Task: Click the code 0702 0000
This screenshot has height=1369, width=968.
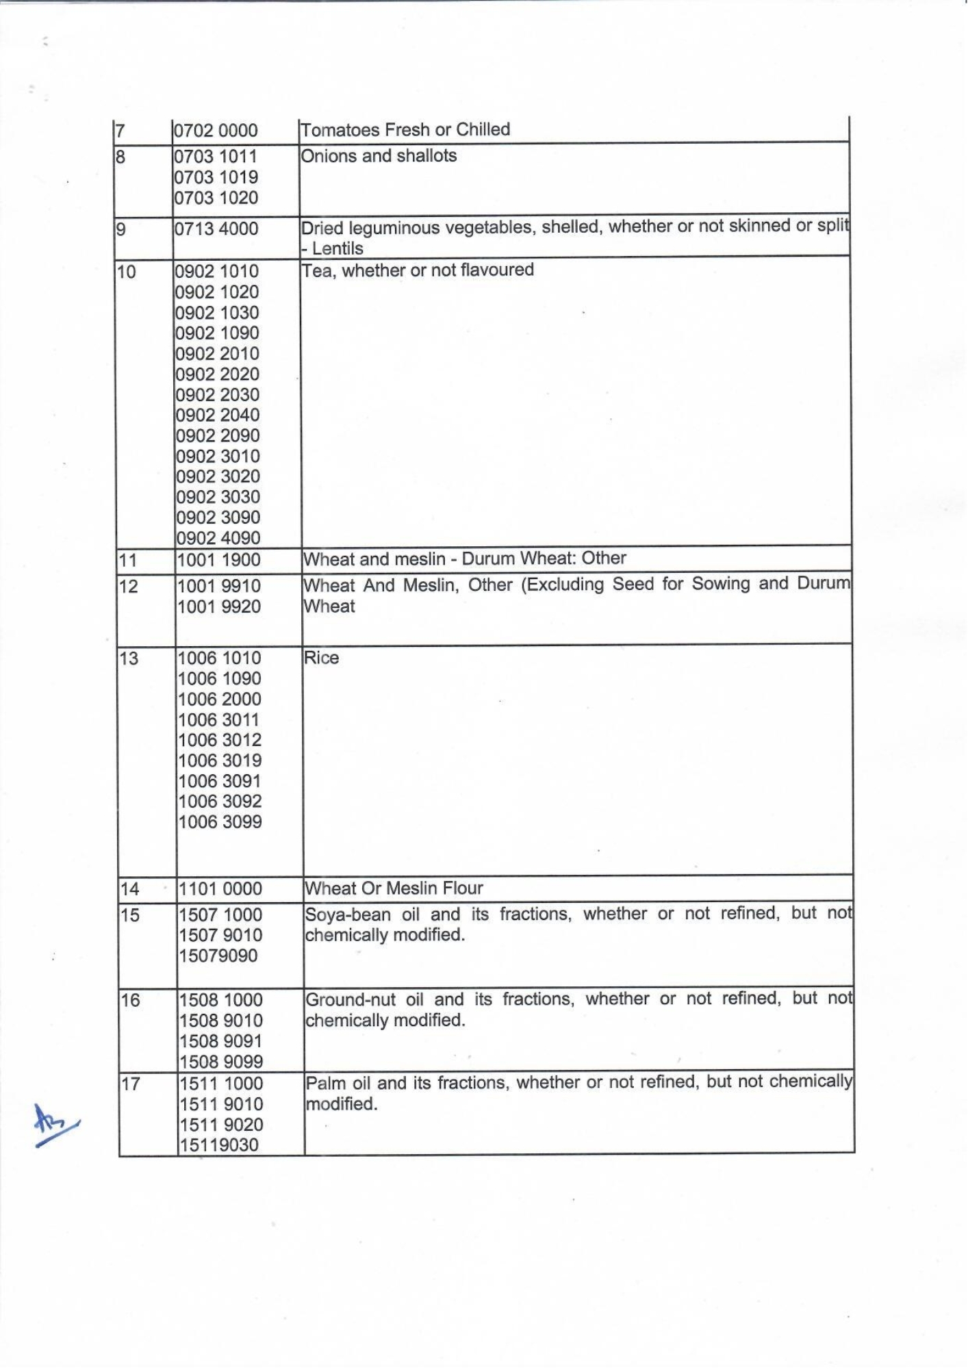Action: [216, 131]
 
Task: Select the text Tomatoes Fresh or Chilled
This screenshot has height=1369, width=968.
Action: [405, 129]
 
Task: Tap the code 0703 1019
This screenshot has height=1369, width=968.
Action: [216, 177]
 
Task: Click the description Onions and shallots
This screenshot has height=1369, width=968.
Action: [379, 156]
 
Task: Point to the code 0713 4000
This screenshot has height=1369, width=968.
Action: [216, 229]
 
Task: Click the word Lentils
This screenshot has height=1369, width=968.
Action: [337, 248]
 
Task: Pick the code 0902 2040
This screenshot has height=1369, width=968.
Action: [218, 415]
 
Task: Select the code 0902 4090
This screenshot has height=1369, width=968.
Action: [218, 538]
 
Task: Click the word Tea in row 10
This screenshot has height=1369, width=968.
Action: [317, 270]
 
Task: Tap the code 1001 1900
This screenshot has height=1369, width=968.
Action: [219, 560]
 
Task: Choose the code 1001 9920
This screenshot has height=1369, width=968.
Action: [219, 606]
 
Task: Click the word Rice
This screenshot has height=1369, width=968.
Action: [321, 658]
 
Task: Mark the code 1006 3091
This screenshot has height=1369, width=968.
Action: [220, 781]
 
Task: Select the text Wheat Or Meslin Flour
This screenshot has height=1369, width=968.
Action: [394, 888]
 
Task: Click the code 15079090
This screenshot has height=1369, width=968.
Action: [218, 956]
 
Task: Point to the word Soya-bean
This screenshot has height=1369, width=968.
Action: [348, 914]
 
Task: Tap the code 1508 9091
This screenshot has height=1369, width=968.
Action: [221, 1041]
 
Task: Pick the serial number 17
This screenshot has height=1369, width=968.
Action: [130, 1084]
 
